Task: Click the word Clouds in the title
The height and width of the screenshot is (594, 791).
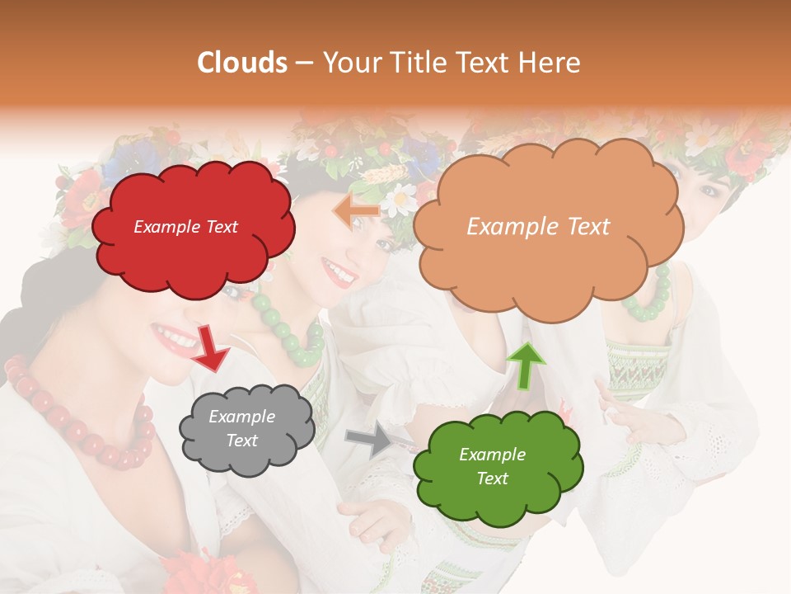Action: tap(242, 63)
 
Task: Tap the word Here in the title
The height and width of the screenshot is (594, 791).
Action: tap(551, 63)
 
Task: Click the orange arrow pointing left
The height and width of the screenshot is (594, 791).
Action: tap(356, 211)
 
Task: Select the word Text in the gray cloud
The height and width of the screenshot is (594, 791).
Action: tap(241, 441)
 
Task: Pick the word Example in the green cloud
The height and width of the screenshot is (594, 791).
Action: tap(492, 455)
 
